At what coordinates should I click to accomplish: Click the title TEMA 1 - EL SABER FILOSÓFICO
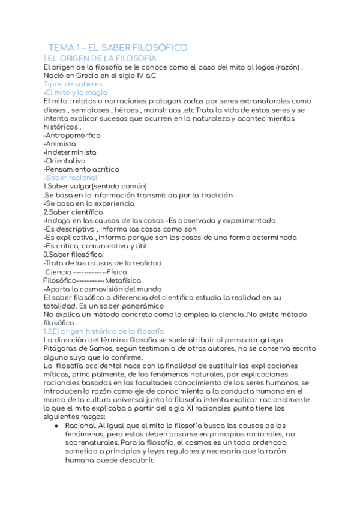click(x=118, y=47)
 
